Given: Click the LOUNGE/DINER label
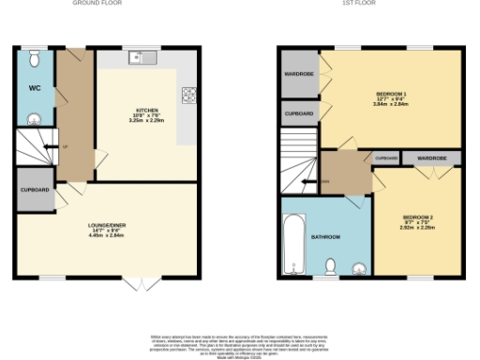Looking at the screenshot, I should point(106,226).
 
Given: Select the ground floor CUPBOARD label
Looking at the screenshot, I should point(35,189).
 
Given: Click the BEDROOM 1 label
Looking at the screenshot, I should point(391,95).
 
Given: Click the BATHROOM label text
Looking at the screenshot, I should point(325,236).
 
